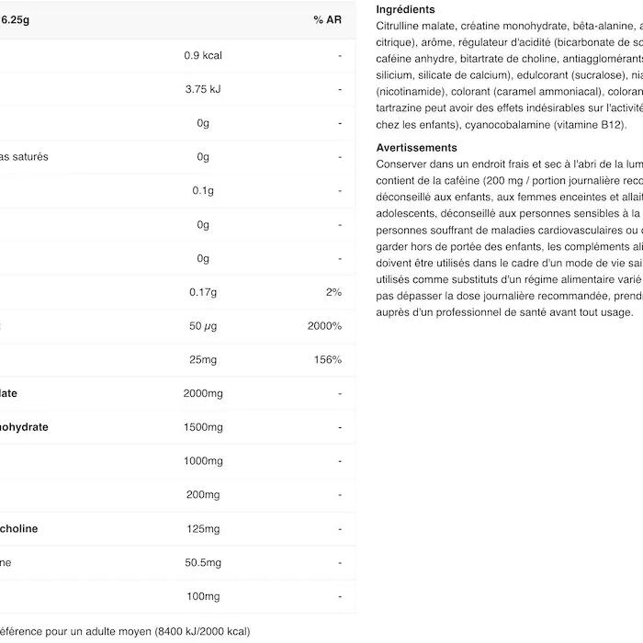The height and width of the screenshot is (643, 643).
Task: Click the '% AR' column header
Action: pyautogui.click(x=327, y=19)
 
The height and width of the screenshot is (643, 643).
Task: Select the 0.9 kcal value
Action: pyautogui.click(x=203, y=55)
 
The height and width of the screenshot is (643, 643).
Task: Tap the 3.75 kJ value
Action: pyautogui.click(x=203, y=89)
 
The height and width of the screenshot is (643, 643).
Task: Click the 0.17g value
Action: pyautogui.click(x=203, y=292)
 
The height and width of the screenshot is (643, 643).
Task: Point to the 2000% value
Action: pyautogui.click(x=325, y=326)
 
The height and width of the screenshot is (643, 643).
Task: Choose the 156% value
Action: pyautogui.click(x=328, y=360)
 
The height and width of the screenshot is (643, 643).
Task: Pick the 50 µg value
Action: pyautogui.click(x=203, y=326)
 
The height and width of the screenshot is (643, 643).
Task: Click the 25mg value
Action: pyautogui.click(x=203, y=360)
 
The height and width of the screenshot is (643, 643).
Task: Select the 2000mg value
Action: pyautogui.click(x=203, y=393)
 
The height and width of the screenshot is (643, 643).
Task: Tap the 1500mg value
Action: pyautogui.click(x=203, y=427)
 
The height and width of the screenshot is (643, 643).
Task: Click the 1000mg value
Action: pyautogui.click(x=203, y=461)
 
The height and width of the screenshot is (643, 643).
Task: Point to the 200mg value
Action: pyautogui.click(x=203, y=495)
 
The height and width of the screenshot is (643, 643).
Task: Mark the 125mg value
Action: pyautogui.click(x=203, y=529)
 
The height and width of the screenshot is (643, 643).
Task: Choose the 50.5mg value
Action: pyautogui.click(x=203, y=562)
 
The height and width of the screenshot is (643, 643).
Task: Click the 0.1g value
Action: pyautogui.click(x=203, y=190)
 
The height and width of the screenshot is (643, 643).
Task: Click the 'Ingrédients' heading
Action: pyautogui.click(x=406, y=9)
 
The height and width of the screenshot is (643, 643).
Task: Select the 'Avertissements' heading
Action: pyautogui.click(x=416, y=147)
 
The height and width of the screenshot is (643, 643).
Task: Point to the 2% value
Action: pyautogui.click(x=333, y=292)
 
